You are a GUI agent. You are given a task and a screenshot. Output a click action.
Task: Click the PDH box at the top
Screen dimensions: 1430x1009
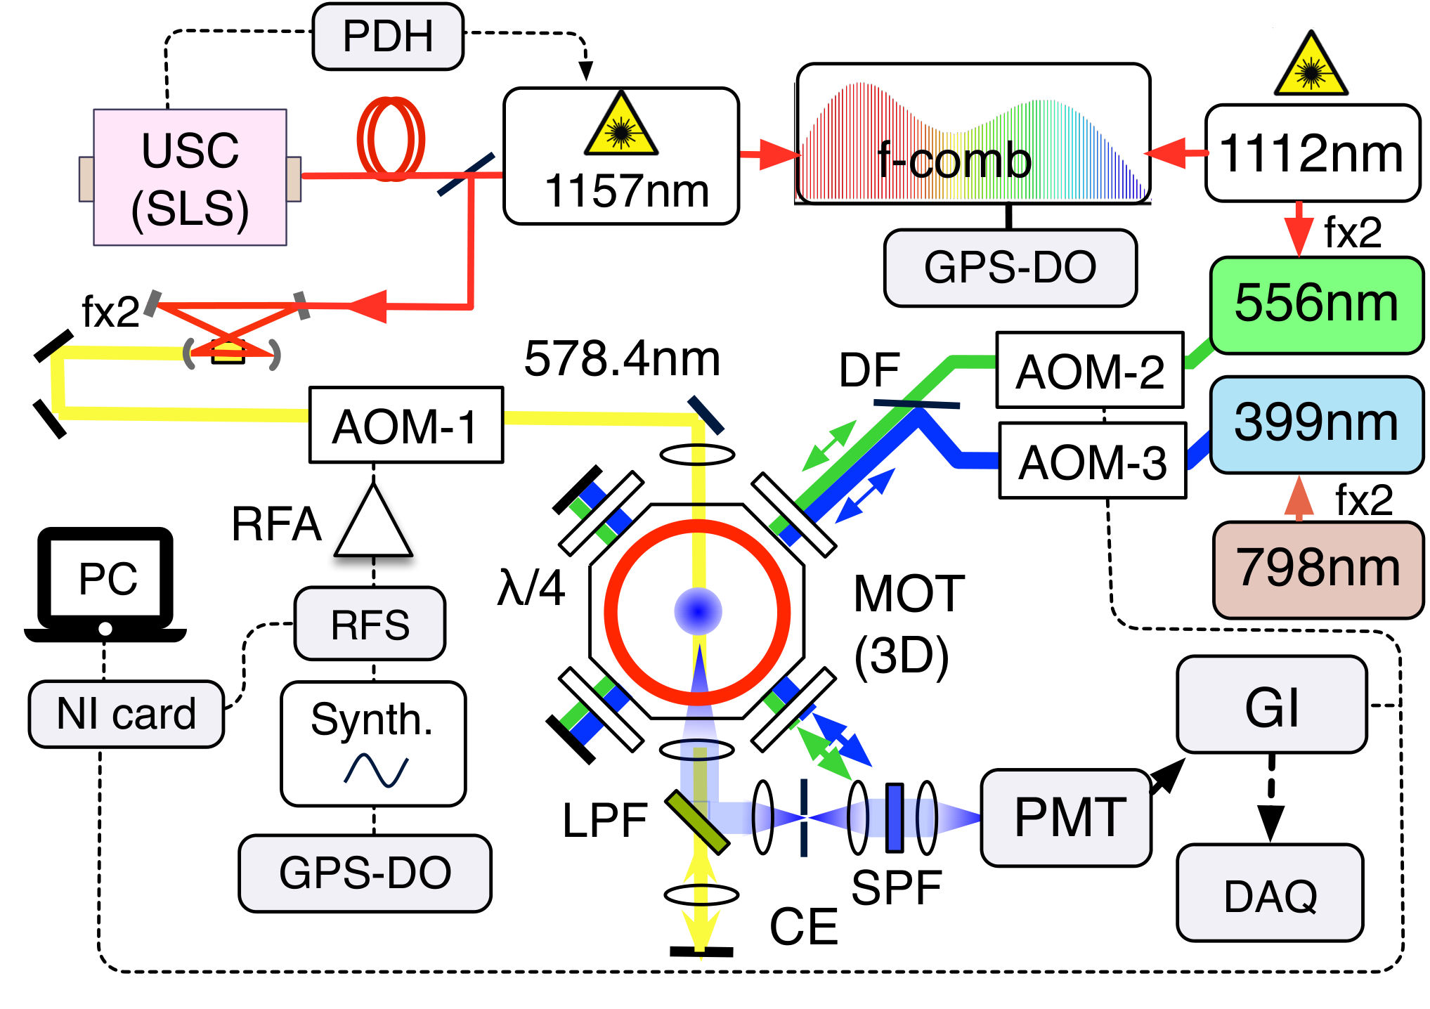(x=388, y=37)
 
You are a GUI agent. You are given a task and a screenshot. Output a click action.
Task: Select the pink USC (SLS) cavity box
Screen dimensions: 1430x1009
(x=190, y=177)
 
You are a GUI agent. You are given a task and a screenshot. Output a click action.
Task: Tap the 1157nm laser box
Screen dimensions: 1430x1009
(x=621, y=156)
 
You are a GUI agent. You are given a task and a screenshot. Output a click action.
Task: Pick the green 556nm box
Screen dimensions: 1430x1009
(x=1317, y=305)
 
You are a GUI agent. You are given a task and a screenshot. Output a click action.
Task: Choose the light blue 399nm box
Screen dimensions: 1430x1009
(x=1317, y=424)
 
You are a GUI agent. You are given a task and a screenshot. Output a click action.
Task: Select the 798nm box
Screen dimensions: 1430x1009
(x=1318, y=570)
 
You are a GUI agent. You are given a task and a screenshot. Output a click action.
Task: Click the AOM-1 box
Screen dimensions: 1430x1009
(x=406, y=424)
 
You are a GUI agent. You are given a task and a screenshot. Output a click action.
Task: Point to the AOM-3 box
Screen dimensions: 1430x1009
(x=1093, y=460)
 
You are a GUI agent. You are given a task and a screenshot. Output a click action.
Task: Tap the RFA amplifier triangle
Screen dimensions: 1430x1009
(x=373, y=521)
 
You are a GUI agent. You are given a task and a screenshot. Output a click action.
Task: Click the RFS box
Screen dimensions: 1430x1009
(x=370, y=624)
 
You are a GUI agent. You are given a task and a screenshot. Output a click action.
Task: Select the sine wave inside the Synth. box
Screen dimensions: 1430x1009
(x=376, y=770)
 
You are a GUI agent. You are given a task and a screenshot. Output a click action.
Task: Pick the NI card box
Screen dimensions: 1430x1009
(x=126, y=714)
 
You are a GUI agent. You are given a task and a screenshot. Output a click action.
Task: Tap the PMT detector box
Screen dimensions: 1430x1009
(x=1066, y=817)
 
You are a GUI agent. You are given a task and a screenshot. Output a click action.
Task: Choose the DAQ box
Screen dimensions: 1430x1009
(x=1270, y=892)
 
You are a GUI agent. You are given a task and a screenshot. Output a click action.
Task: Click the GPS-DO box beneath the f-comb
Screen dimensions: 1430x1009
(x=1010, y=268)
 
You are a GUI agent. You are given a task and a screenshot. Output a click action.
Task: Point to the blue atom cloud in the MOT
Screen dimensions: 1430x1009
(x=698, y=611)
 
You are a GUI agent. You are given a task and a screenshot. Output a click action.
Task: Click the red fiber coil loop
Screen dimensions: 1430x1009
(x=391, y=138)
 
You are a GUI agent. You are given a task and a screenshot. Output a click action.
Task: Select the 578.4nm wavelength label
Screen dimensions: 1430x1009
(x=623, y=358)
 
